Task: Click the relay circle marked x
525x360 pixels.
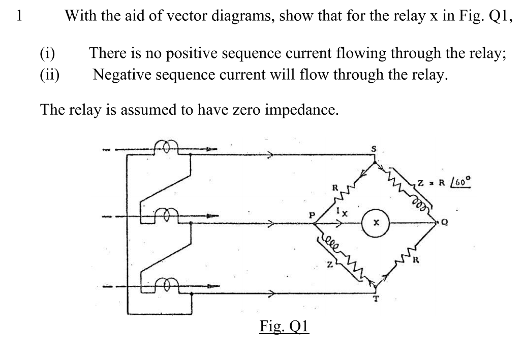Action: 376,222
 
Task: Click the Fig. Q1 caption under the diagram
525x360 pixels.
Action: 284,325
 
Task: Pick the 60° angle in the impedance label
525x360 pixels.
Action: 464,181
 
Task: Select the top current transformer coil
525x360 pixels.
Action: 167,145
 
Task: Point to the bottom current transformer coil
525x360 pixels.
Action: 167,283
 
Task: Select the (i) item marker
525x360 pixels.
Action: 48,53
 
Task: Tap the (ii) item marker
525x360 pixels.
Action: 50,75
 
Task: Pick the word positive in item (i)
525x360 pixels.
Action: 197,53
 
